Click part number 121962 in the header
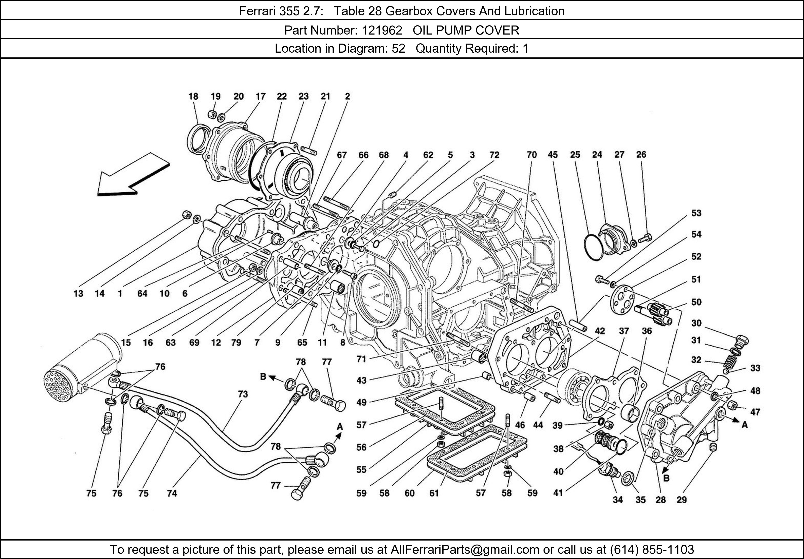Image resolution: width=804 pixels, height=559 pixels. pos(382,31)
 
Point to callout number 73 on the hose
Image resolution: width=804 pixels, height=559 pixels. pos(243,394)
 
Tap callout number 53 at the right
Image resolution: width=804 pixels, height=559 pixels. pos(696,213)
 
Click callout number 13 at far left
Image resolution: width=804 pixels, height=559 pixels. pos(78,294)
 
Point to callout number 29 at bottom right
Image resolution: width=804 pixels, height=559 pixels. pos(681,500)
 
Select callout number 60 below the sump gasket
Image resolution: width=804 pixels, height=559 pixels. pos(409,493)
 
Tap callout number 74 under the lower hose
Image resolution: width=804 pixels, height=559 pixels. pos(172,493)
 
